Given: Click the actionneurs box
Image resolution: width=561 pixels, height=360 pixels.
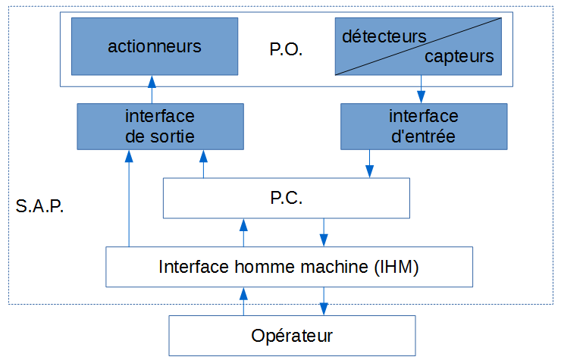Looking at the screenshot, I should [154, 47].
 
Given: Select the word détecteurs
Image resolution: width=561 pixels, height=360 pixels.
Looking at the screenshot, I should [384, 36].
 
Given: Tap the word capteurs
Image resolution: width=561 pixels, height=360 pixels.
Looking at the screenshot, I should [459, 57].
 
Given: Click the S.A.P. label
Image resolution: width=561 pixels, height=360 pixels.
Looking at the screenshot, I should [39, 206].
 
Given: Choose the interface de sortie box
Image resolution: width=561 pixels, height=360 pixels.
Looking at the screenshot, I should [160, 126].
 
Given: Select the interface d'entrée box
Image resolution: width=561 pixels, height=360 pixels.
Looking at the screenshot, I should [423, 126].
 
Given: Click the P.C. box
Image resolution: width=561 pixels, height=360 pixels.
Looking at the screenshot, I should [287, 199].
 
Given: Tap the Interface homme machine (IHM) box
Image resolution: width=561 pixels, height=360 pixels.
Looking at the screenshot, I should [289, 267].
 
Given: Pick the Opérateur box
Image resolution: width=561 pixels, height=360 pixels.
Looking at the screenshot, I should [292, 334].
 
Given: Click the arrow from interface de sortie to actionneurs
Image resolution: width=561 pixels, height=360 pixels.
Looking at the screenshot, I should [152, 89].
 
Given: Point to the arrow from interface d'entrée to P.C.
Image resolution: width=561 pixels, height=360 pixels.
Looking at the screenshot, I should [370, 163].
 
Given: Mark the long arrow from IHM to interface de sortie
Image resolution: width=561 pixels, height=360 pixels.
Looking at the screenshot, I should [130, 197].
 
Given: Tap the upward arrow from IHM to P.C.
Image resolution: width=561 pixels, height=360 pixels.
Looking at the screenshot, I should [243, 233].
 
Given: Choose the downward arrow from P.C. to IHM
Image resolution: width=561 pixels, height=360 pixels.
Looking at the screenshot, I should [324, 233].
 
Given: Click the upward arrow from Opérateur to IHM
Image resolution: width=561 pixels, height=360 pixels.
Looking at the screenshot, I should [243, 301].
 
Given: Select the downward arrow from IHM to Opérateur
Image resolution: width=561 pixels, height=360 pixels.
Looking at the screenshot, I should [324, 301].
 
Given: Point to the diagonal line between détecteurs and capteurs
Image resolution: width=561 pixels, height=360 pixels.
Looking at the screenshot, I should [418, 47].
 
